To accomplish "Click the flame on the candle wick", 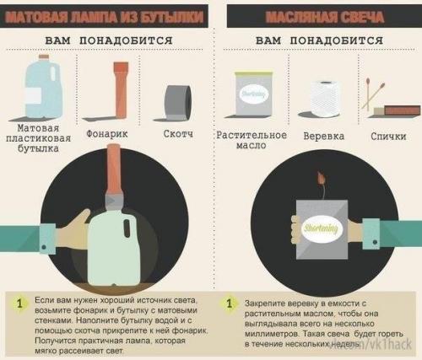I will pos(322,179).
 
